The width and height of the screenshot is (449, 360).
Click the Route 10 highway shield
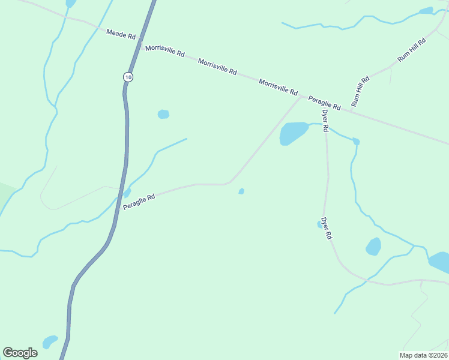(127, 76)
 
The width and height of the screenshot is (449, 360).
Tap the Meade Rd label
(121, 34)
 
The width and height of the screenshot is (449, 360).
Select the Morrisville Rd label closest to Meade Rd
(164, 50)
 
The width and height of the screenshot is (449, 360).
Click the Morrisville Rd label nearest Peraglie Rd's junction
(278, 88)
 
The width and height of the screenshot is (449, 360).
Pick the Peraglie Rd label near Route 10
(139, 201)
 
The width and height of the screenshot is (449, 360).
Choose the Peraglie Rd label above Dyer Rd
(325, 103)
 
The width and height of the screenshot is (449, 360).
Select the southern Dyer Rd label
(326, 229)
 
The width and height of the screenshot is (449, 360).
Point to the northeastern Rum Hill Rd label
(411, 51)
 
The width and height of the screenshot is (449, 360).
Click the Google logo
(20, 353)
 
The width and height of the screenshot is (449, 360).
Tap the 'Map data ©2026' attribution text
(424, 355)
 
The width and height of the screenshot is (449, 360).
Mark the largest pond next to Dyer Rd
(292, 133)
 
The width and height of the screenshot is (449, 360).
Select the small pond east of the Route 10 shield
(163, 114)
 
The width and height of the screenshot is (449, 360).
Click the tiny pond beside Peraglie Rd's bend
(241, 191)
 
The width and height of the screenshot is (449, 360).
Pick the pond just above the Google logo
(50, 341)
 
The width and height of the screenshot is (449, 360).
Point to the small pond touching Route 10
(127, 192)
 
